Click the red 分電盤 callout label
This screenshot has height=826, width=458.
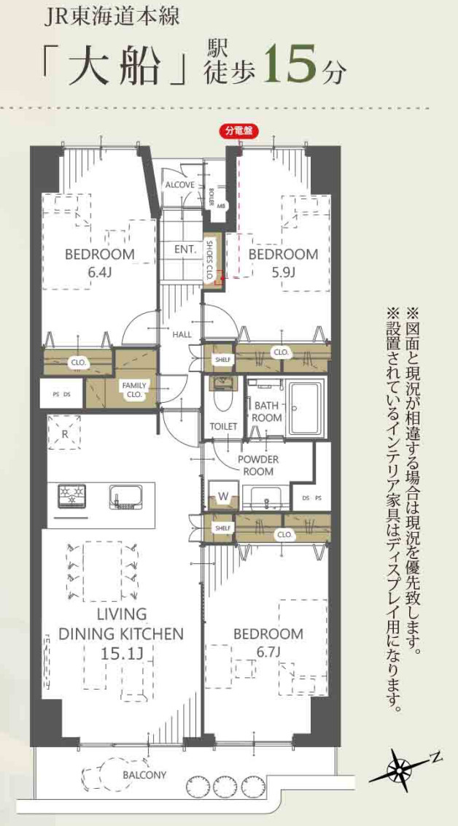[238, 131]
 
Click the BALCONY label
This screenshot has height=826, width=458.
[144, 775]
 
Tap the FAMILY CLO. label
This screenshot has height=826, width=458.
[134, 390]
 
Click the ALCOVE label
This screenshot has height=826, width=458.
[179, 185]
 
